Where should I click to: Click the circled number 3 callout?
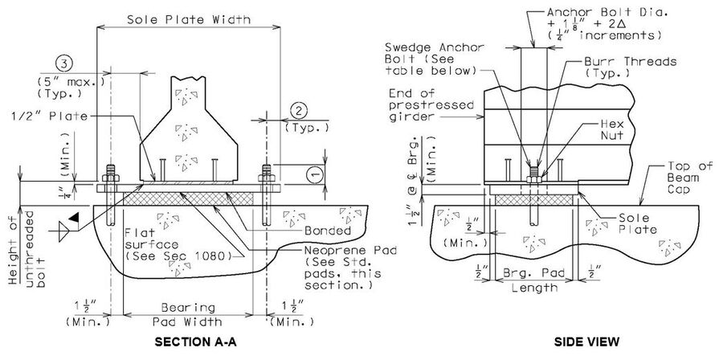point(64,63)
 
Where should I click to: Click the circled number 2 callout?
point(299,111)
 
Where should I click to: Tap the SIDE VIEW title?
point(586,342)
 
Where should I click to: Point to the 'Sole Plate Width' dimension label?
point(189,19)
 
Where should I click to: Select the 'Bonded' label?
point(328,230)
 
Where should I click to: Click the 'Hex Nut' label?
point(612,129)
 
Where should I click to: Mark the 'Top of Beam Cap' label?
point(690,178)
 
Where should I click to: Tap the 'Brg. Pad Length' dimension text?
point(534,280)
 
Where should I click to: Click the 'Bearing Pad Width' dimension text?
point(188,314)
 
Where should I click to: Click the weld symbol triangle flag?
point(73,218)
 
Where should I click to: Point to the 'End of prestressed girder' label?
point(431,104)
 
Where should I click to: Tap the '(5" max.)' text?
point(70,83)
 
